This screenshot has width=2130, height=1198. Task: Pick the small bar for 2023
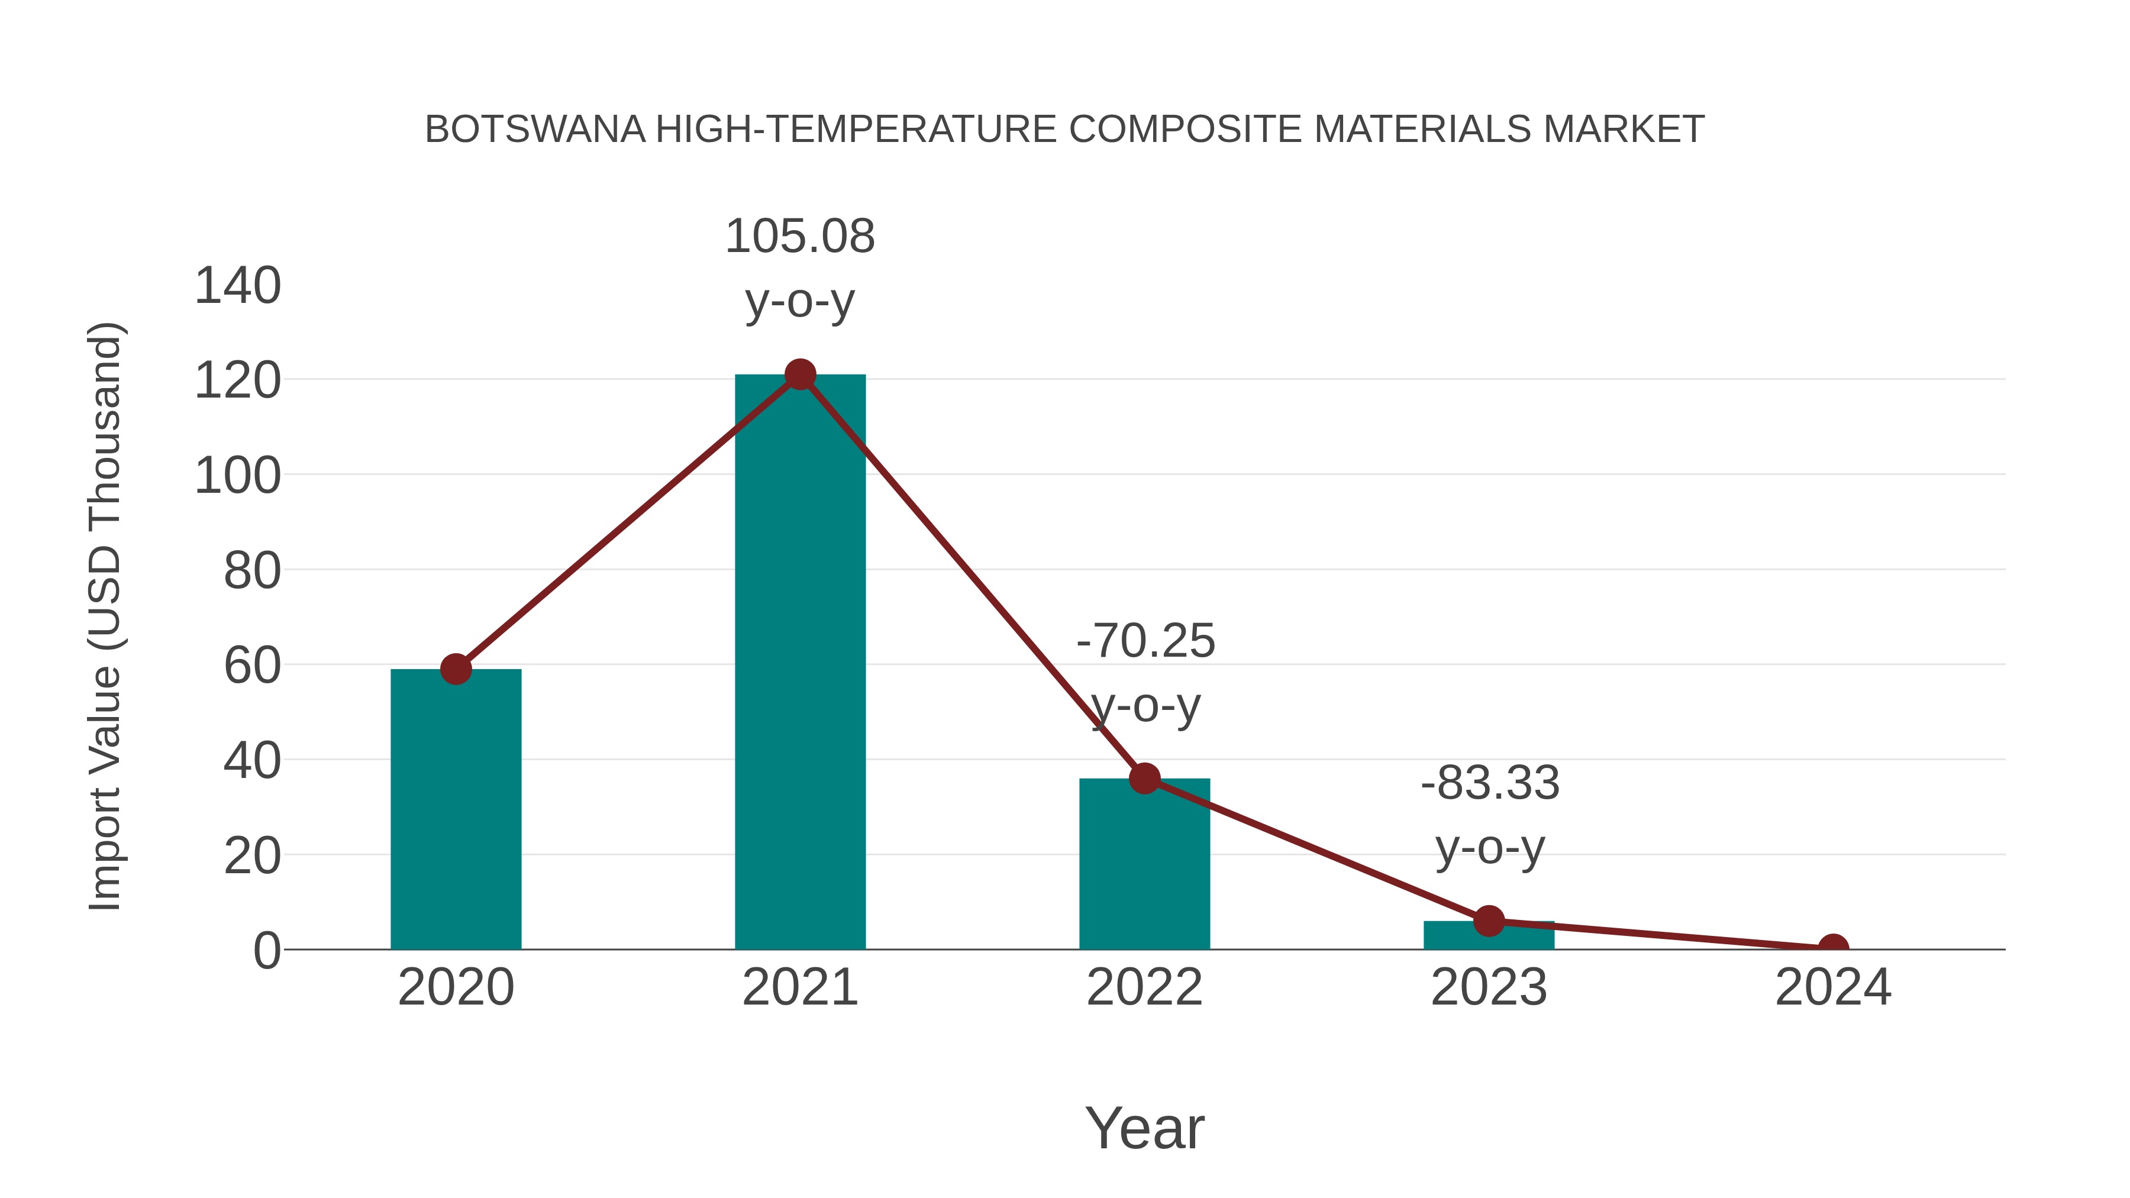[1489, 936]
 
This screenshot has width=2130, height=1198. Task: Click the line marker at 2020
[456, 669]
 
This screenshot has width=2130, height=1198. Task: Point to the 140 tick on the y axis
[237, 286]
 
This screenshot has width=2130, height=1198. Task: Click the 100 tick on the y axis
[237, 476]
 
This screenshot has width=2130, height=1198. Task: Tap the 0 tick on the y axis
[267, 951]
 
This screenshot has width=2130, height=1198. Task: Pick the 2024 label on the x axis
[1833, 987]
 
